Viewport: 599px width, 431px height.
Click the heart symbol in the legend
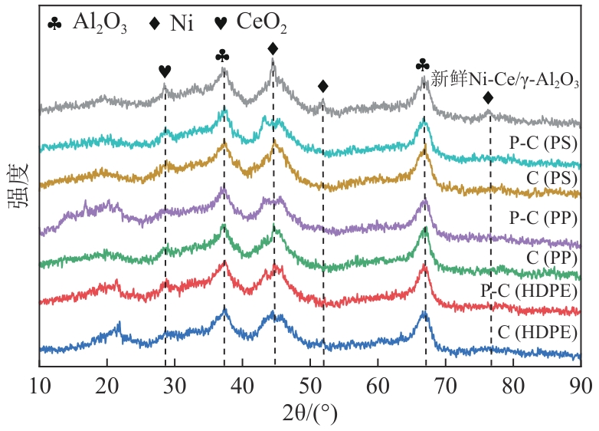point(221,23)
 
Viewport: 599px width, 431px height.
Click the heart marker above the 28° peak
point(165,71)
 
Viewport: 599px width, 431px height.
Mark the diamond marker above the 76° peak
point(488,98)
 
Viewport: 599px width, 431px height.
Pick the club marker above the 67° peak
point(422,66)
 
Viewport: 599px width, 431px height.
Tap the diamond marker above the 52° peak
point(322,85)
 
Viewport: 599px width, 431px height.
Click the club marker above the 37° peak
point(223,56)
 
